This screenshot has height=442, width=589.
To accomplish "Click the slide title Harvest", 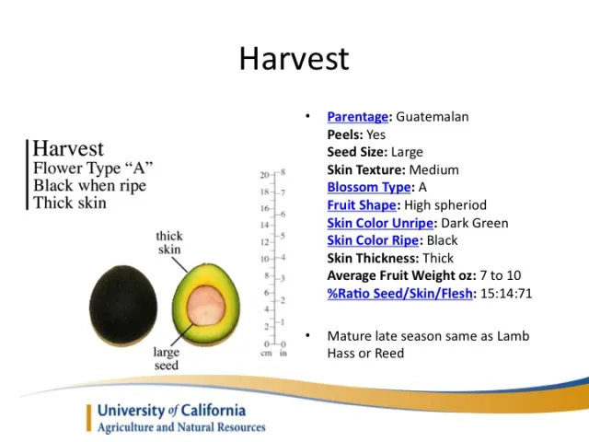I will click(294, 58).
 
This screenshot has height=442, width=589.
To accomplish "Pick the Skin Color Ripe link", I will click(373, 240).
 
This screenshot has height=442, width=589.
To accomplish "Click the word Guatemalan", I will click(433, 117).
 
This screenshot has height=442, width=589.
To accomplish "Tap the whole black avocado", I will click(127, 305).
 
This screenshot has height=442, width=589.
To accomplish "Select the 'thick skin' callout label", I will click(169, 243).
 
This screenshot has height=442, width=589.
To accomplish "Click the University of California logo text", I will click(171, 411).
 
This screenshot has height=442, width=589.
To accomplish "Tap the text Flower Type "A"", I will click(93, 169).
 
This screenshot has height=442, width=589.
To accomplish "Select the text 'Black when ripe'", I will click(88, 185).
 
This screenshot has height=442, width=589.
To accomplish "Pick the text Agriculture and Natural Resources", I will click(181, 427).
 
